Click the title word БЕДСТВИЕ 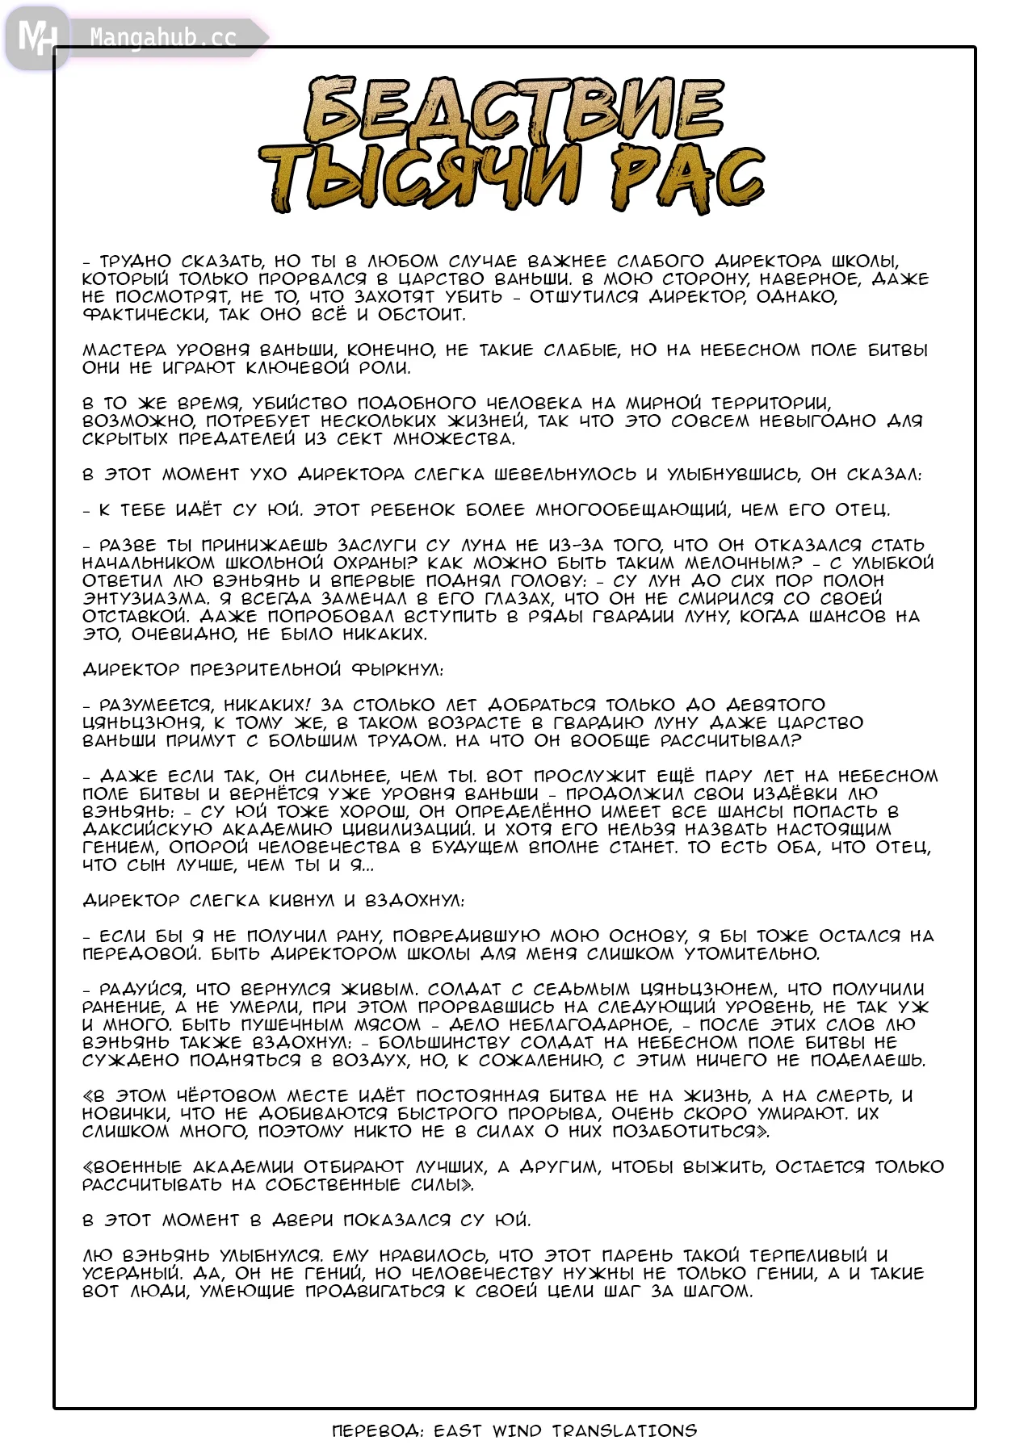click(514, 111)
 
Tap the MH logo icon click(36, 37)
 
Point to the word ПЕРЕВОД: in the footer click(377, 1430)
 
